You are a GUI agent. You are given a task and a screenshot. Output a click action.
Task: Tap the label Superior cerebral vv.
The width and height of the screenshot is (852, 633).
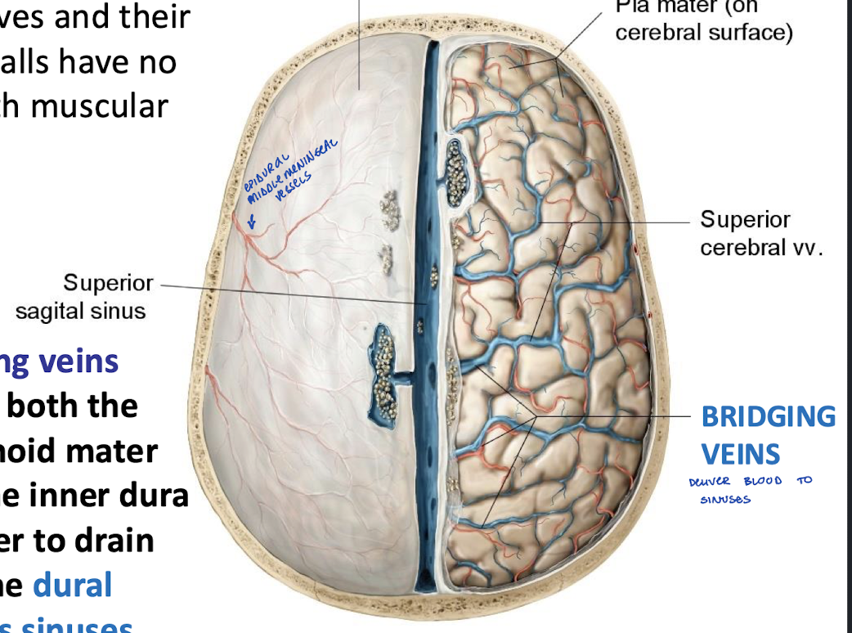coord(761,233)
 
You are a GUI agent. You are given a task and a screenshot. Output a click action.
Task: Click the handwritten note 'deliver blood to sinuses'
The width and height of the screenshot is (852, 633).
coord(751,488)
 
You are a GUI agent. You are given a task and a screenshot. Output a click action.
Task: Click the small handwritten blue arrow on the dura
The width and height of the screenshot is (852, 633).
coord(252,220)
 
